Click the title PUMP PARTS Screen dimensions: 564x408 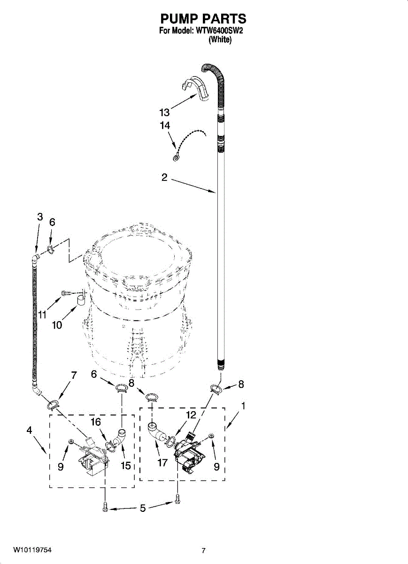click(203, 19)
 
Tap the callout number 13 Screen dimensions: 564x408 click(164, 113)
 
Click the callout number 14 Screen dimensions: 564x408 click(164, 126)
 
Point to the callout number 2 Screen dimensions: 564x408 click(164, 178)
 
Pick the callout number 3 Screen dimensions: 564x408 click(40, 217)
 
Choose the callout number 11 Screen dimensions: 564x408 click(42, 315)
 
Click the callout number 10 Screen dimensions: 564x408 click(57, 325)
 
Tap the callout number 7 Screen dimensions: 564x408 click(74, 375)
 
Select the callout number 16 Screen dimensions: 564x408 click(96, 422)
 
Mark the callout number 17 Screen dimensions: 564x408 click(162, 463)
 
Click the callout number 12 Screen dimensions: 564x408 click(190, 415)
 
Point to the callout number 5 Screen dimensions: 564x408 click(143, 508)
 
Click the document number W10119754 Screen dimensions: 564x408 click(32, 550)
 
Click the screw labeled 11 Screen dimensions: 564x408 click(66, 293)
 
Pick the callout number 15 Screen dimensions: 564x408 click(125, 466)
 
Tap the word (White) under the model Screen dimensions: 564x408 click(220, 39)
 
